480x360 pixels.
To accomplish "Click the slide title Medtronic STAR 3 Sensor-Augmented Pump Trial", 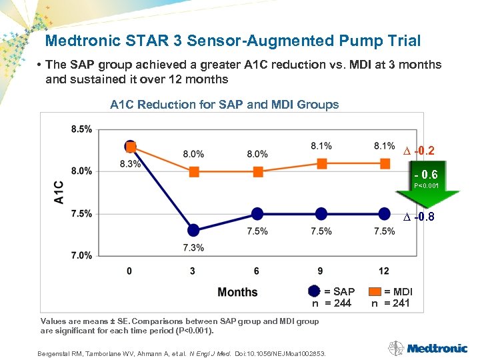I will point(233,41).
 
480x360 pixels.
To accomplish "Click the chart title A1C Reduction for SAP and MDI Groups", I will point(224,105).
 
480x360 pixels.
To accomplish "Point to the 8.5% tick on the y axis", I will point(81,129).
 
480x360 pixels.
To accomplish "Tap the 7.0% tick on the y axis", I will point(81,255).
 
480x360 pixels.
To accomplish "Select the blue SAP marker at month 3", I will point(193,230).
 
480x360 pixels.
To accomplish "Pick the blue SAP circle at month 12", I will point(384,213).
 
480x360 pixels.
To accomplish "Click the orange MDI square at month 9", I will point(321,163).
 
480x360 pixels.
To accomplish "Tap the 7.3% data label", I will point(193,247).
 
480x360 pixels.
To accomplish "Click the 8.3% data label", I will point(130,163).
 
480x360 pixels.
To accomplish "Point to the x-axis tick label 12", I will point(384,271).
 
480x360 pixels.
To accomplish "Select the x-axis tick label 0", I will point(130,271).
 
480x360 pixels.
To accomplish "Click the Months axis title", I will point(237,292).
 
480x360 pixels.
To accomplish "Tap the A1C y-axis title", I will point(59,192).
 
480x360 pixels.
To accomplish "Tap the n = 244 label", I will point(332,303).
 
